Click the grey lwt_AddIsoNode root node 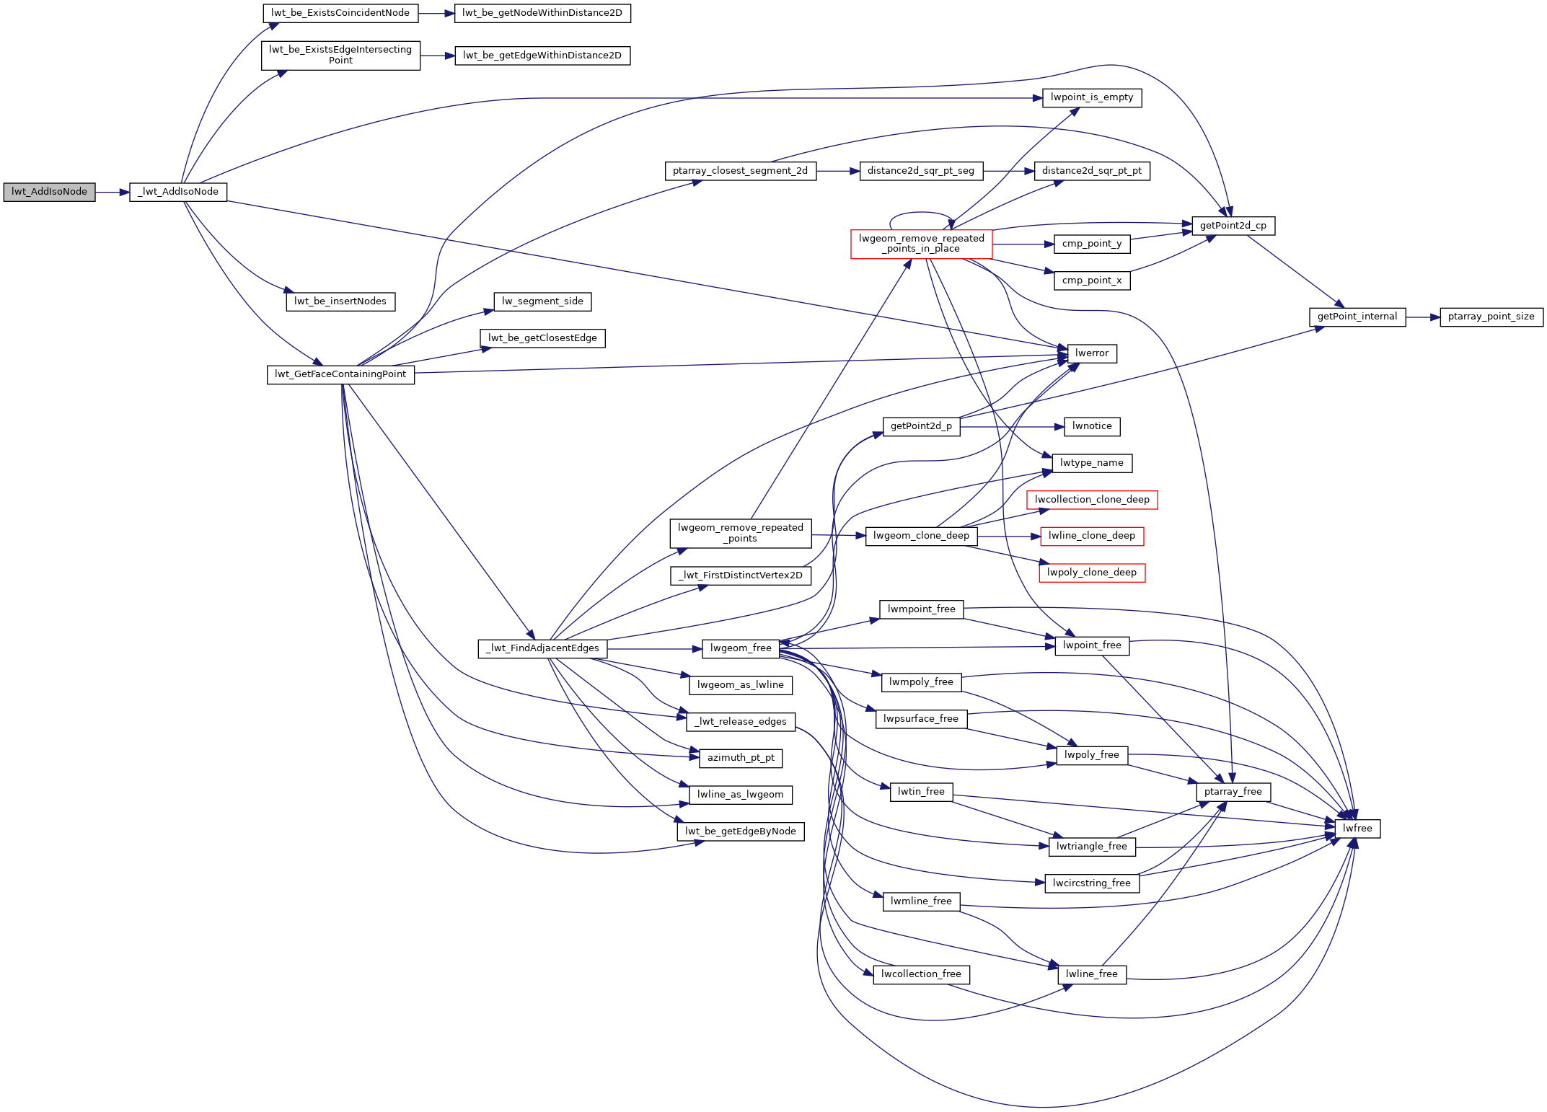[49, 192]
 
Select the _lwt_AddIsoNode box [178, 192]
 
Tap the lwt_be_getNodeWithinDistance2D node [542, 13]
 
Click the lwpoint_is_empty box [1091, 97]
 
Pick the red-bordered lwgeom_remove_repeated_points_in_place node [921, 244]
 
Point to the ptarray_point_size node [1491, 317]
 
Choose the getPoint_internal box [1357, 317]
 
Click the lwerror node [1091, 353]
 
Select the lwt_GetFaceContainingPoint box [340, 374]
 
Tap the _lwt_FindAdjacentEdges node [542, 648]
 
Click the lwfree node [1357, 829]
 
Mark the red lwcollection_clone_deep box [1091, 500]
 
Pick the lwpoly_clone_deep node [1091, 573]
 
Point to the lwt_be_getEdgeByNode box [740, 831]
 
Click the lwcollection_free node [921, 974]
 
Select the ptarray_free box [1233, 792]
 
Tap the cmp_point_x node [1091, 281]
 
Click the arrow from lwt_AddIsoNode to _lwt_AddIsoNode [112, 193]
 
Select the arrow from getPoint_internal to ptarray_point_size [1422, 317]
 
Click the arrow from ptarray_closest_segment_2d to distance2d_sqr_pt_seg [837, 172]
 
